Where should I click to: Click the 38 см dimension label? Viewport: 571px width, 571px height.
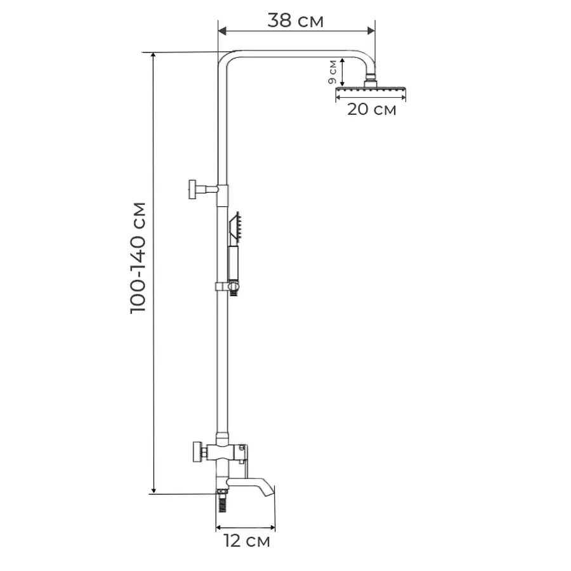294,20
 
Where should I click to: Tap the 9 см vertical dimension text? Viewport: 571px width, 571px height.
332,72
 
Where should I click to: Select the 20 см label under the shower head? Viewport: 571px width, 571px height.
371,109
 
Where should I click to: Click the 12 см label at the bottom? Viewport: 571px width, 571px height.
246,541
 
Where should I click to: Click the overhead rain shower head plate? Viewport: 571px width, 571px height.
371,93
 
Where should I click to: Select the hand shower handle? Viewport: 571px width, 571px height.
233,263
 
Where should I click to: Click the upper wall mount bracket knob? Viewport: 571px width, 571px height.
193,189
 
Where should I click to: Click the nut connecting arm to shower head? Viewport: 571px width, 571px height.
371,80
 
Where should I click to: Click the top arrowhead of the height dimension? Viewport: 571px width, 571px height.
153,56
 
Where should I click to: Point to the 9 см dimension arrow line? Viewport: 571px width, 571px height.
343,72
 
